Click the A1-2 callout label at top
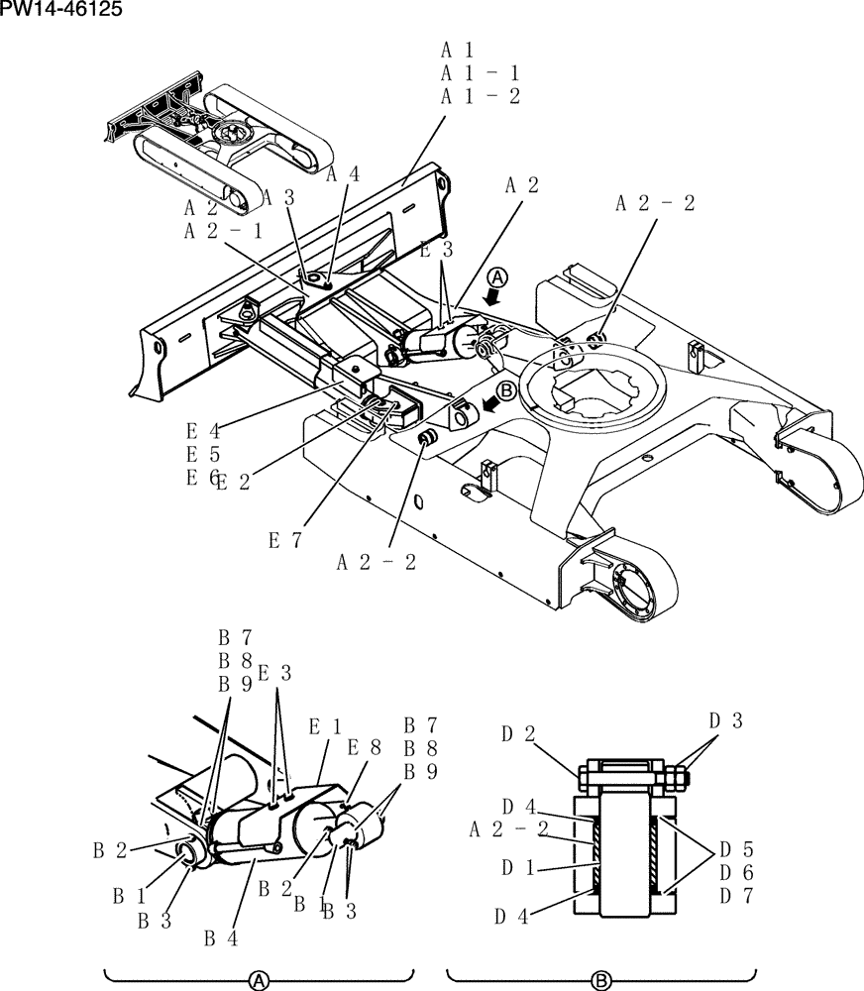[480, 96]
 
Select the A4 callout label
[344, 175]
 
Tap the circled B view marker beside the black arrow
[505, 390]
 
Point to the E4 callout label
[203, 431]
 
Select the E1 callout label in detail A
[325, 726]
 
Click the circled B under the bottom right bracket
[601, 980]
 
